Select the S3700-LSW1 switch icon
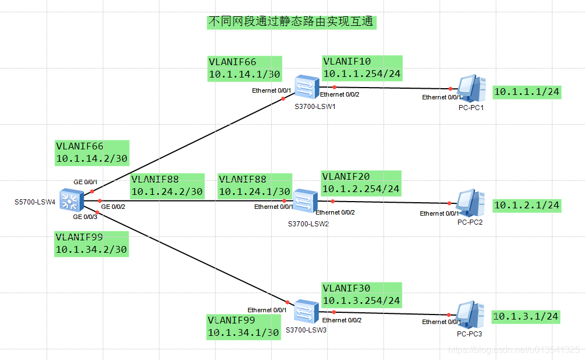click(x=307, y=87)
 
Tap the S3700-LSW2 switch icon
click(x=305, y=201)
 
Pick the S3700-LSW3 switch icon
click(x=307, y=312)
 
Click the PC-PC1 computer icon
click(x=472, y=88)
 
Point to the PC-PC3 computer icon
click(x=470, y=315)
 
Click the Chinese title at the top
click(x=291, y=22)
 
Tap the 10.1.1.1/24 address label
click(x=527, y=92)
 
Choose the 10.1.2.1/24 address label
click(x=527, y=205)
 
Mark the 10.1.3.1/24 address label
click(x=525, y=317)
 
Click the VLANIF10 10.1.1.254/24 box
click(x=362, y=68)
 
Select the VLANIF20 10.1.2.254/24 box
click(x=361, y=183)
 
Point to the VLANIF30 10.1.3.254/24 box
click(x=362, y=295)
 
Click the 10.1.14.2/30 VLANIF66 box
click(x=92, y=153)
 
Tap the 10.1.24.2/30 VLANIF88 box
click(x=167, y=186)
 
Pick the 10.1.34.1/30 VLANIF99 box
click(x=244, y=327)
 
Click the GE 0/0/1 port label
click(x=85, y=182)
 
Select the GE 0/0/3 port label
click(x=85, y=217)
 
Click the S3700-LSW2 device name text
click(x=308, y=224)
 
